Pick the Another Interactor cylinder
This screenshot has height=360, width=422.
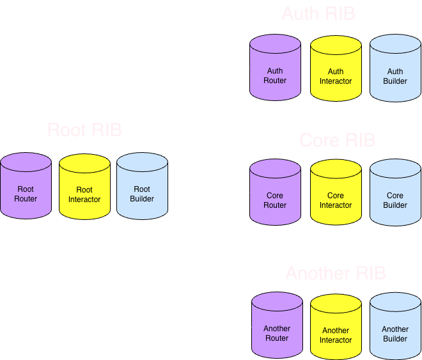point(336,327)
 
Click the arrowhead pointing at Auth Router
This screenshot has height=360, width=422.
point(246,67)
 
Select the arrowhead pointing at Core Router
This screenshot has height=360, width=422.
point(246,192)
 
